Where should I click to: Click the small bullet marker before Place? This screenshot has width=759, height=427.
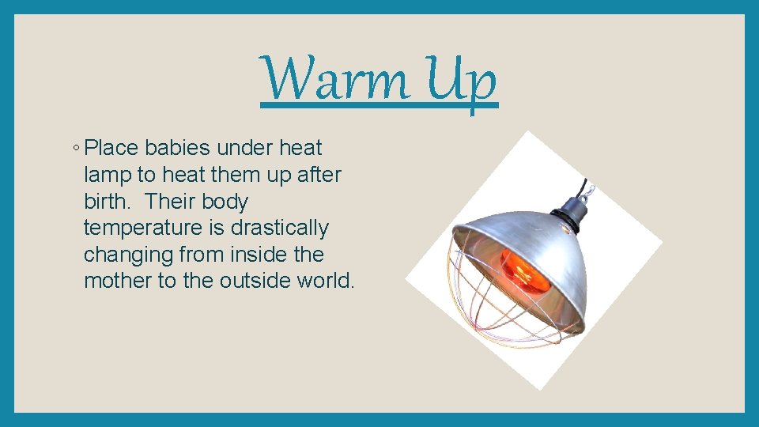[73, 148]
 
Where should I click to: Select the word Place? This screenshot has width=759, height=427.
[111, 148]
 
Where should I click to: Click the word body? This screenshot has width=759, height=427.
[226, 202]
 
